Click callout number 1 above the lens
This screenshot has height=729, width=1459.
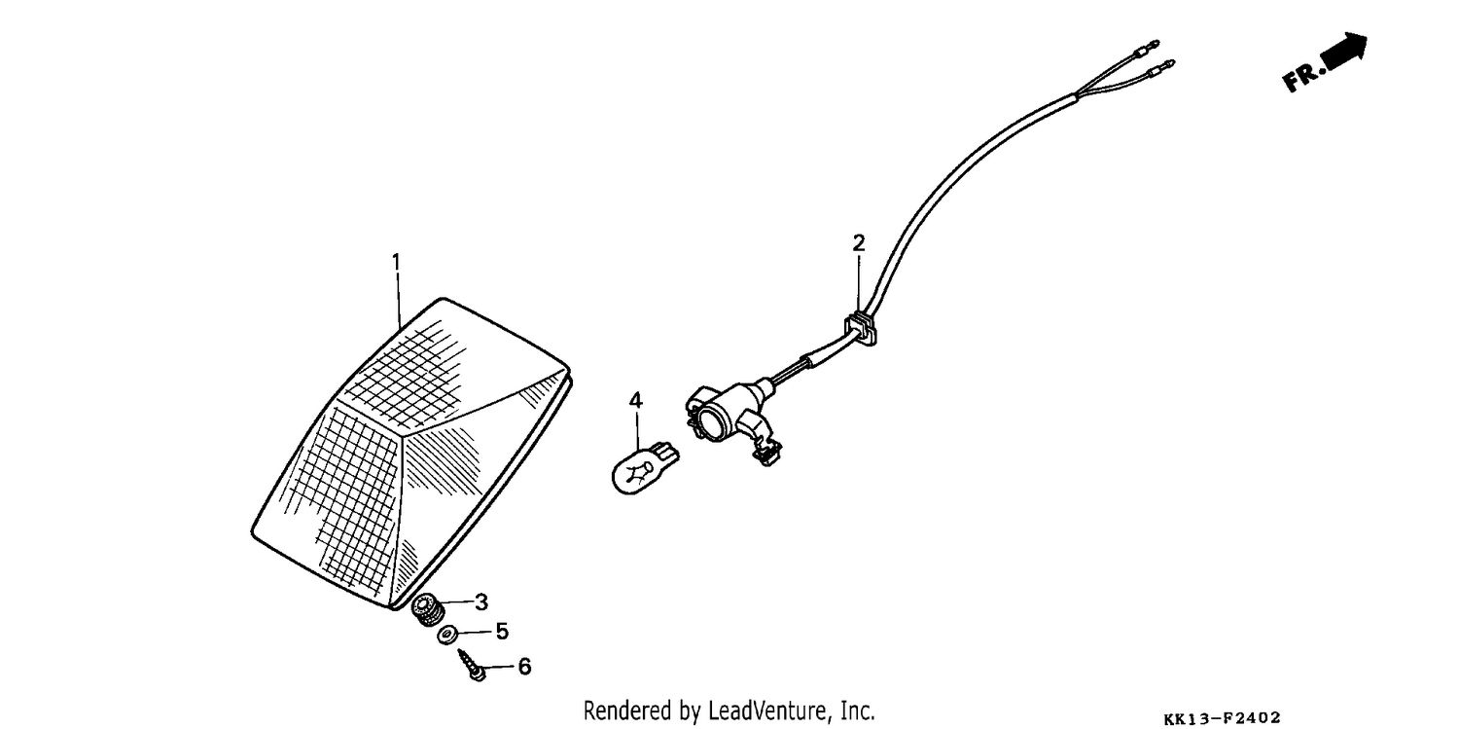tap(396, 263)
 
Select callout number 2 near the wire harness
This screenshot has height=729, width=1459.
tap(859, 243)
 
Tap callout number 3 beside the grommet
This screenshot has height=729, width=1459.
tap(481, 601)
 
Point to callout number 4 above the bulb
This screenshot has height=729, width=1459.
tap(636, 400)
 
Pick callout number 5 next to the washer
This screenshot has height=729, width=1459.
tap(502, 631)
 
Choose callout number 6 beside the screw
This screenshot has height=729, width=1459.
tap(524, 667)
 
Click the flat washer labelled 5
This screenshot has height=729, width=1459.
tap(446, 635)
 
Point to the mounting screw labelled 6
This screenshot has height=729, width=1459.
tap(472, 666)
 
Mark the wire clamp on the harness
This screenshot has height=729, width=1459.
tap(861, 329)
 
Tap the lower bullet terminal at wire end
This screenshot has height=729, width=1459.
tap(1160, 66)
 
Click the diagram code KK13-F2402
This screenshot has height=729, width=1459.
tap(1222, 718)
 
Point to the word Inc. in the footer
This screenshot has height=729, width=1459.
tap(857, 710)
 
